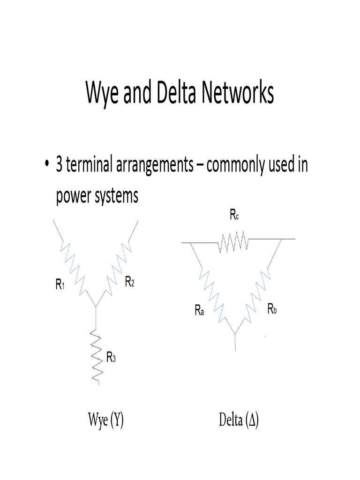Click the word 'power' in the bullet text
click(72, 196)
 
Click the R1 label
click(60, 284)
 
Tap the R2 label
click(129, 282)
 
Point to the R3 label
click(111, 359)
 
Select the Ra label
click(199, 310)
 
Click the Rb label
click(272, 309)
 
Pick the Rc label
click(235, 216)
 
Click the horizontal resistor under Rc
click(233, 242)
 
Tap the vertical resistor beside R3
click(96, 356)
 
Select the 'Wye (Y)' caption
click(106, 420)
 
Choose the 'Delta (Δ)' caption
click(239, 420)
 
